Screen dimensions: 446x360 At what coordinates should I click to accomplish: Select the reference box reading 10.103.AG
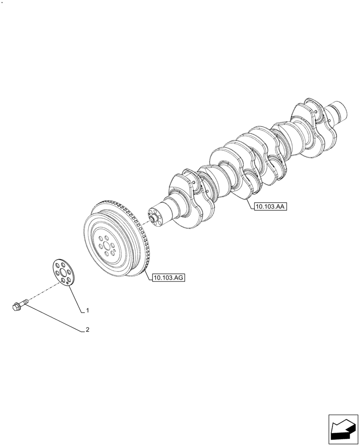click(168, 278)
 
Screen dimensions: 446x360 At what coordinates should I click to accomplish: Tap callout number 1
click(88, 310)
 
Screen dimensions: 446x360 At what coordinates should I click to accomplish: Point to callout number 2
click(88, 330)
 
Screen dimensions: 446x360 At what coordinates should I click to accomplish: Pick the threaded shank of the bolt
click(25, 302)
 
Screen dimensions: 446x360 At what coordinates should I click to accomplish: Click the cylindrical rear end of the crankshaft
click(340, 111)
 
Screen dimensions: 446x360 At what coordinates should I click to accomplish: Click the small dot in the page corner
click(3, 2)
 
